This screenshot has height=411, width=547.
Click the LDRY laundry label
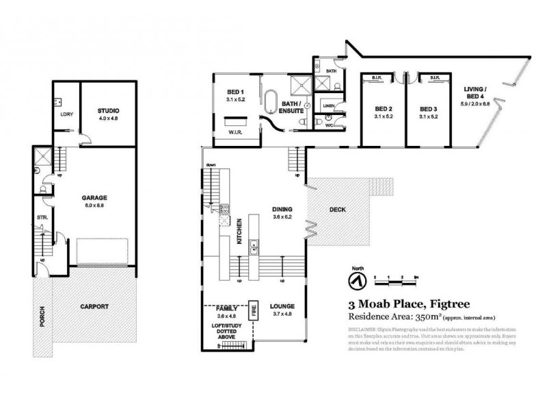pos(67,114)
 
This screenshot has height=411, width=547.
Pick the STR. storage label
pos(41,220)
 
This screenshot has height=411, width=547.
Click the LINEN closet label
pos(328,105)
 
